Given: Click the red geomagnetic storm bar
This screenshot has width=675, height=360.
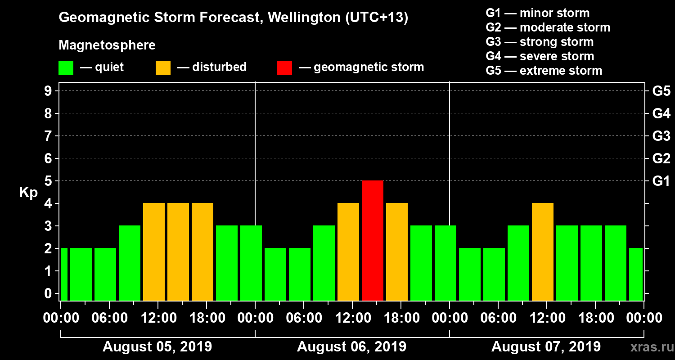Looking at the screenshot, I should pyautogui.click(x=373, y=240).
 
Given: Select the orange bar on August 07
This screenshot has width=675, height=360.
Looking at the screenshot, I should pyautogui.click(x=543, y=252).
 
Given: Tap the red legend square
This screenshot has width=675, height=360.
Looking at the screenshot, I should pyautogui.click(x=284, y=67).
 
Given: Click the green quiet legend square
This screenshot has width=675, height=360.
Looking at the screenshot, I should pyautogui.click(x=66, y=67).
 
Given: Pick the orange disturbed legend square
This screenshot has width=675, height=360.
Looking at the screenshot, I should pyautogui.click(x=163, y=67).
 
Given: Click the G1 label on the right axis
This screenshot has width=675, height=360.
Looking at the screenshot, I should pyautogui.click(x=661, y=181).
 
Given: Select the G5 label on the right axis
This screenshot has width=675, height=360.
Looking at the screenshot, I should pyautogui.click(x=661, y=91).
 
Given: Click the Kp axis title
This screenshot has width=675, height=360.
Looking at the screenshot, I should pyautogui.click(x=28, y=192).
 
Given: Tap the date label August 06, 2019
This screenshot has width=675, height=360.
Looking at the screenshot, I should pyautogui.click(x=351, y=347).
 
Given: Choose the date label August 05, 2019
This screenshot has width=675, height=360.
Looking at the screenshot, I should pyautogui.click(x=157, y=347).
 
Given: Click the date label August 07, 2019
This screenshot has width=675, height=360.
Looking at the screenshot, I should pyautogui.click(x=546, y=347).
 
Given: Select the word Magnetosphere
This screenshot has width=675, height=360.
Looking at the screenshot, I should pyautogui.click(x=107, y=45).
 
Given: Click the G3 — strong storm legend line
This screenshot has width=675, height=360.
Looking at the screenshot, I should pyautogui.click(x=540, y=42).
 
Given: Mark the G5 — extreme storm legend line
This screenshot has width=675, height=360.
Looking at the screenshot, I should pyautogui.click(x=544, y=71).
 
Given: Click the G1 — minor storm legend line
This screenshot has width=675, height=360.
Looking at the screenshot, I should pyautogui.click(x=537, y=13).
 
